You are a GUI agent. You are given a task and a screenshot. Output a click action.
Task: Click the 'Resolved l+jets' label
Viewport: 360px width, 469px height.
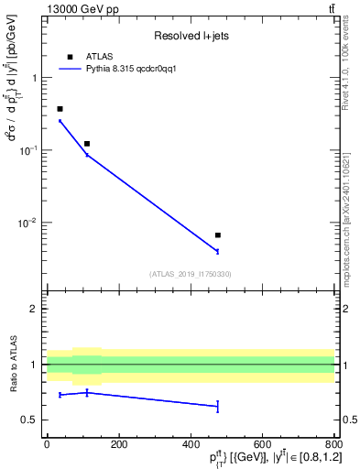tap(191, 36)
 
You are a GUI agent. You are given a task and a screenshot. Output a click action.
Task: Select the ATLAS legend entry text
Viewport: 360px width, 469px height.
tap(99, 57)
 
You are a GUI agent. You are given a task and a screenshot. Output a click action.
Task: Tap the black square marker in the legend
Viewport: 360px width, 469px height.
tap(70, 57)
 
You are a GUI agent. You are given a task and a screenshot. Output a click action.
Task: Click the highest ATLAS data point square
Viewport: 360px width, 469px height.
tap(60, 109)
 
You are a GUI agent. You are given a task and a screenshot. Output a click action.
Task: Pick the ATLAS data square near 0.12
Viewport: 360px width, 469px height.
tap(87, 144)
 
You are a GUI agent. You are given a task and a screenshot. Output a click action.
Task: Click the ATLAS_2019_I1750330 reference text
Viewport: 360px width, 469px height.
tap(191, 273)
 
